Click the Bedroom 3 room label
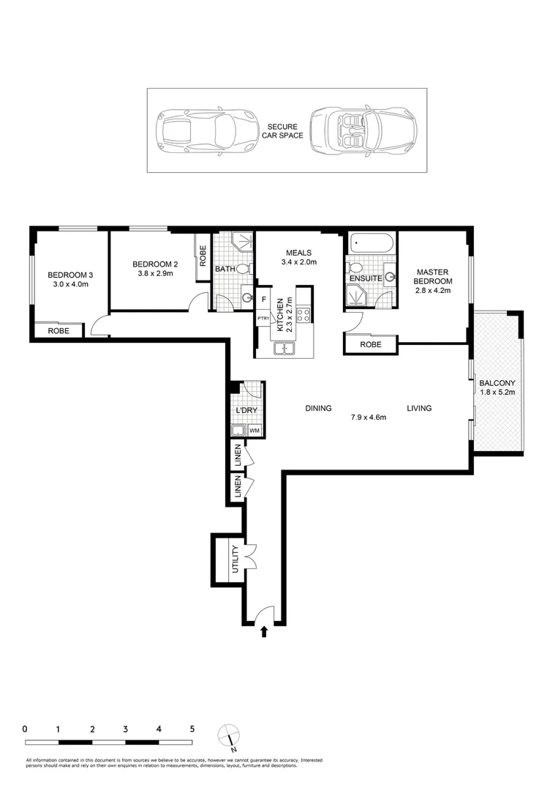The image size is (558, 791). tap(70, 275)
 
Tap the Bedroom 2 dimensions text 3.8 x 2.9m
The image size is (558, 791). tap(155, 273)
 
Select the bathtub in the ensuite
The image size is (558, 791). tap(371, 243)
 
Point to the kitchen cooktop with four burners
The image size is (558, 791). tap(303, 314)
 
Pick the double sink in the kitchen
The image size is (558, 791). tap(284, 349)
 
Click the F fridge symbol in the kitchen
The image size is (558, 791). tap(264, 300)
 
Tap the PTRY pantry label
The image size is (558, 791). tap(263, 319)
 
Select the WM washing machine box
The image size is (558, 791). tap(255, 431)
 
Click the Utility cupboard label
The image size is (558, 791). tap(235, 559)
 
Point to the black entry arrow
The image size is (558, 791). tap(264, 631)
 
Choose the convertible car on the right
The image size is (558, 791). tap(363, 130)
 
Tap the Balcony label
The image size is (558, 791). tap(497, 383)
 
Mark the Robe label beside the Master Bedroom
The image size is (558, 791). tap(371, 344)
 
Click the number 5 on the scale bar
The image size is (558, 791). tap(192, 729)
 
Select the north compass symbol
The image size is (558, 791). tap(229, 735)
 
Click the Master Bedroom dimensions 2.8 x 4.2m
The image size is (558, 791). tap(433, 291)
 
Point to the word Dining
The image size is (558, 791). tap(318, 408)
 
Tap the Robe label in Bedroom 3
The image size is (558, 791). tap(59, 331)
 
